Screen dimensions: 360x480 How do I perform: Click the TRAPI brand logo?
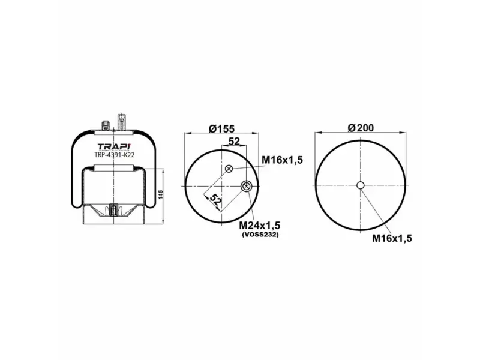pos(113,147)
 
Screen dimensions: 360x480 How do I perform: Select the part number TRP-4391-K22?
pos(113,155)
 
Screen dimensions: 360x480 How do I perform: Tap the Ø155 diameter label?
pos(221,129)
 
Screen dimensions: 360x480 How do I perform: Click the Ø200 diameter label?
pos(361,128)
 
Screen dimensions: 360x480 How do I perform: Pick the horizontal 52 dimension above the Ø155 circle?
pos(235,141)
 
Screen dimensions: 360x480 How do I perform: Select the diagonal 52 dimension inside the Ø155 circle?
pos(215,201)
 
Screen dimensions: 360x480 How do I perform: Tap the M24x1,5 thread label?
pos(260,225)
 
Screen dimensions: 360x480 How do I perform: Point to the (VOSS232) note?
pos(260,235)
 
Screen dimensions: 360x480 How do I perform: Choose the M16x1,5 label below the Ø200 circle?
pos(392,238)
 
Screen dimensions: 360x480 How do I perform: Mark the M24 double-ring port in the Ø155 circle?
pos(246,187)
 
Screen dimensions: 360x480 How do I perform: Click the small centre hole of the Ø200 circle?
pos(360,185)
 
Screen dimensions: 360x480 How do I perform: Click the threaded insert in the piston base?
pos(114,211)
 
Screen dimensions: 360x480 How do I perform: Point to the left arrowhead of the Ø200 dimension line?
pos(317,134)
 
